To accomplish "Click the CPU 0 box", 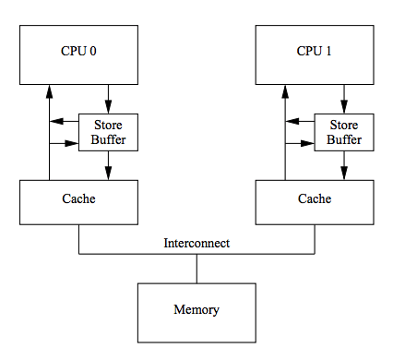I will (x=78, y=53).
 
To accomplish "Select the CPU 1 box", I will (x=315, y=53).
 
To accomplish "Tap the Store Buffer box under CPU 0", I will (x=108, y=133).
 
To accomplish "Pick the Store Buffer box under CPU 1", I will (x=344, y=133).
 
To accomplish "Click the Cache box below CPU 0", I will (x=78, y=200).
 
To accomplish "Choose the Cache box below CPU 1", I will (x=315, y=200).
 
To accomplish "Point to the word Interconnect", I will (x=196, y=244).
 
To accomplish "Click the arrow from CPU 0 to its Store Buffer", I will (x=108, y=98).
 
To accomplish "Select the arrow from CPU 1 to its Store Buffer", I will (x=344, y=98).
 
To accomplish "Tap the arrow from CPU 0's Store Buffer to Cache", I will (x=108, y=165).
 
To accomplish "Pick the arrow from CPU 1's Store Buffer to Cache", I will (x=344, y=165).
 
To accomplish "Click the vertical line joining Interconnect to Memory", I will (x=196, y=269).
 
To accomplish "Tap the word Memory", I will (x=196, y=309).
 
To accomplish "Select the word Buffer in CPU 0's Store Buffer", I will (x=108, y=140).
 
